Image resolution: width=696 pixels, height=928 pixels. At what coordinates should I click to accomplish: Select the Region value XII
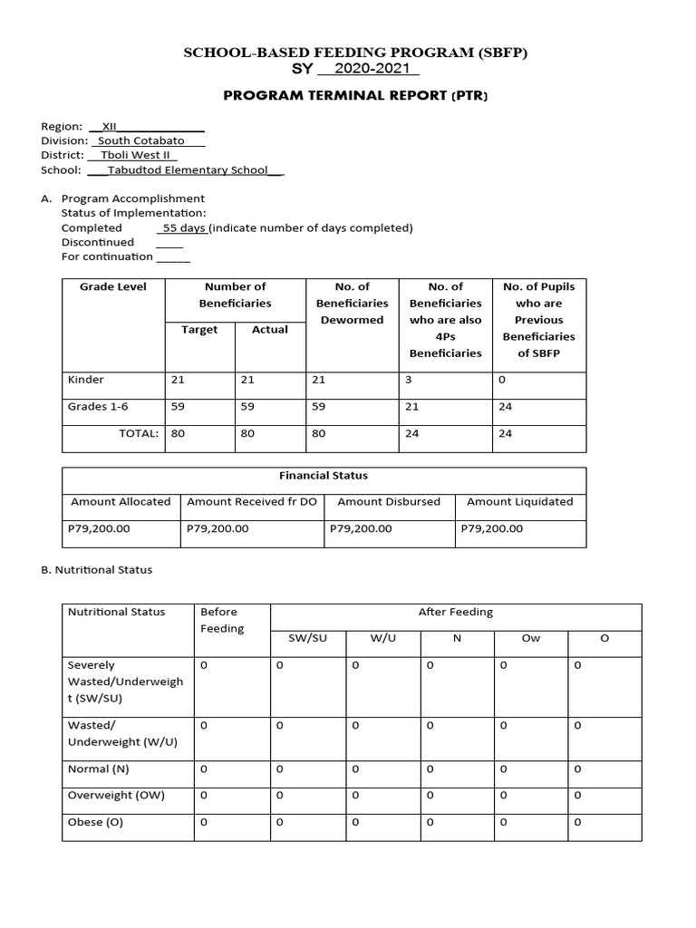[x=110, y=127]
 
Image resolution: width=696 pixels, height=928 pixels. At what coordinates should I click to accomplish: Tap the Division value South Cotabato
[x=140, y=140]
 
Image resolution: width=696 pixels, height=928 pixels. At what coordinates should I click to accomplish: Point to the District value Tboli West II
[x=134, y=155]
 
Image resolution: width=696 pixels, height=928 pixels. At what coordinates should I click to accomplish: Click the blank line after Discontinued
[x=169, y=243]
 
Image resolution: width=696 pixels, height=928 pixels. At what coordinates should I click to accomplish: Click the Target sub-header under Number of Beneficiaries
[x=199, y=329]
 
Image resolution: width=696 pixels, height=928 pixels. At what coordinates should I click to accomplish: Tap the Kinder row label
[x=86, y=380]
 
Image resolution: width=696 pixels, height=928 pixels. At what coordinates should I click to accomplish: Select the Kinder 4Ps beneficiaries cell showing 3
[x=409, y=380]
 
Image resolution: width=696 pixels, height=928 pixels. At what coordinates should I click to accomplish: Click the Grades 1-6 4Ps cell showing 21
[x=411, y=406]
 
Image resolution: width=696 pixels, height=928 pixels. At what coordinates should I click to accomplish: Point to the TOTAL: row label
[x=139, y=433]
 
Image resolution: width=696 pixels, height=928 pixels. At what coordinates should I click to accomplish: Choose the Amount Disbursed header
[x=389, y=501]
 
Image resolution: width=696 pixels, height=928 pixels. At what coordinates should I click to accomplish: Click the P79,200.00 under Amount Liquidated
[x=492, y=528]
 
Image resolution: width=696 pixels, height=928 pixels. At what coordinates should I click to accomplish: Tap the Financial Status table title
[x=324, y=475]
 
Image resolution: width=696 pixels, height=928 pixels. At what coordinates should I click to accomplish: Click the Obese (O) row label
[x=95, y=822]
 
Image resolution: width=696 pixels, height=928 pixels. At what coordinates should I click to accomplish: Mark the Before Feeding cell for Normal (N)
[x=204, y=769]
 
